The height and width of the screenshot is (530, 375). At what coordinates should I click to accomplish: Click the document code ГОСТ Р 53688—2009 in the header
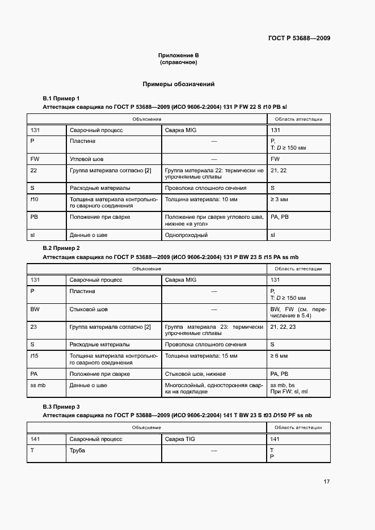pyautogui.click(x=299, y=39)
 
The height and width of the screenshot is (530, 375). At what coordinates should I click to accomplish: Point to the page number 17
pyautogui.click(x=326, y=482)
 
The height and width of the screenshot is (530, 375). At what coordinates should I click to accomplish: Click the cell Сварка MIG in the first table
pyautogui.click(x=180, y=130)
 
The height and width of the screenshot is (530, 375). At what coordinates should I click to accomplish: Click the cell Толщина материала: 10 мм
pyautogui.click(x=193, y=199)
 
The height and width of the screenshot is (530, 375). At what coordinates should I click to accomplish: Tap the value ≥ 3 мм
pyautogui.click(x=279, y=199)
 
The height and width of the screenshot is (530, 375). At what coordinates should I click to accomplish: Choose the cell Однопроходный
pyautogui.click(x=186, y=234)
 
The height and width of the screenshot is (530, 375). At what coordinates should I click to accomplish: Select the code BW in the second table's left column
pyautogui.click(x=35, y=309)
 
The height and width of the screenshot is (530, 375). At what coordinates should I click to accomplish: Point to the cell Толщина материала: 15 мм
pyautogui.click(x=193, y=356)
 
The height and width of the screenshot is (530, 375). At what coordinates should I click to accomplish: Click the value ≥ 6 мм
pyautogui.click(x=279, y=356)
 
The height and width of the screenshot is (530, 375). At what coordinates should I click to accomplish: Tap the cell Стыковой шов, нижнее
pyautogui.click(x=195, y=374)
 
